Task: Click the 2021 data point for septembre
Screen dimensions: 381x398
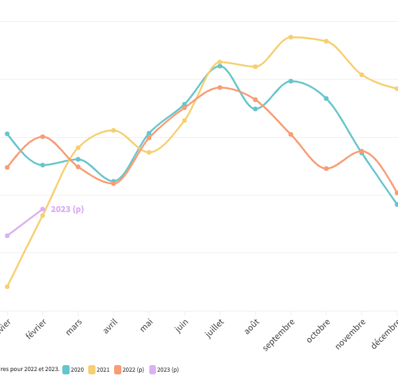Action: point(291,37)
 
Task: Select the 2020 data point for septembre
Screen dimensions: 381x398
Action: point(291,81)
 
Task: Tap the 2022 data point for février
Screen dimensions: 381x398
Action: point(42,136)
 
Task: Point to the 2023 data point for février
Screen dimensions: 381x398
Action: point(42,209)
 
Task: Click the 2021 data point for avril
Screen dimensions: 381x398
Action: point(113,130)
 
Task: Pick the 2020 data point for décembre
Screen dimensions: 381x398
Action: point(397,204)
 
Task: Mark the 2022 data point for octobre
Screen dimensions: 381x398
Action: point(326,169)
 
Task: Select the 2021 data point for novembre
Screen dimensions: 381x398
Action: point(362,75)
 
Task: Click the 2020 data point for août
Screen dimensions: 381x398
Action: point(255,109)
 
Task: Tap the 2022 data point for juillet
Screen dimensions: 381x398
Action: point(220,87)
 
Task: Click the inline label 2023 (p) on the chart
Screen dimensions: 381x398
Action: point(68,209)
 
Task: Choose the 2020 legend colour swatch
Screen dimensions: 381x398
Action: point(66,370)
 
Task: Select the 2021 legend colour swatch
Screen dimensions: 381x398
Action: point(92,370)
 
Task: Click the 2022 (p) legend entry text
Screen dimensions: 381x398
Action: point(133,370)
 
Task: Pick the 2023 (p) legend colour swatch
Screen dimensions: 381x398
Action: point(153,370)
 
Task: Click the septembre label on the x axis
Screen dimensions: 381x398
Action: point(279,335)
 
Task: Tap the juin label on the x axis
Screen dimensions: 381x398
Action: point(180,326)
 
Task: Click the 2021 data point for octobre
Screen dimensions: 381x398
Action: point(326,41)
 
